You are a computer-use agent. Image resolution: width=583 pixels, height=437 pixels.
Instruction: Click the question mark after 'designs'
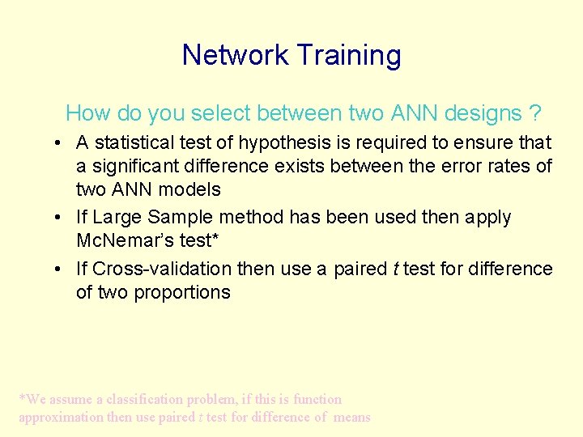(x=535, y=113)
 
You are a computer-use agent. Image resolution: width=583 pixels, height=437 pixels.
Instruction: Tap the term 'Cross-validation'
(x=162, y=269)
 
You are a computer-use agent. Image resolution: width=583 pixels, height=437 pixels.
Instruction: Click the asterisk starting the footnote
(x=22, y=398)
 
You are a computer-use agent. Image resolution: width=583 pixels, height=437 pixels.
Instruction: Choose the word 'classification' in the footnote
(x=143, y=400)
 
